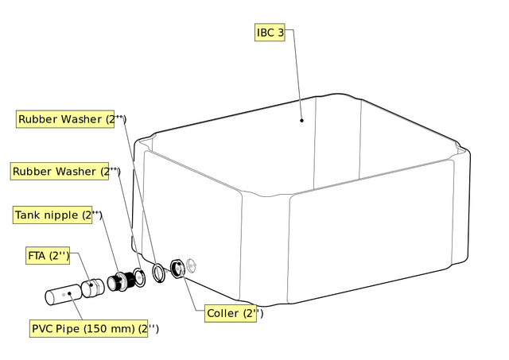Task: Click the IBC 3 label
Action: [x=270, y=32]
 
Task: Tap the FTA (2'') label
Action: [x=48, y=256]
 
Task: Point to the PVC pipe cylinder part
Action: [x=64, y=295]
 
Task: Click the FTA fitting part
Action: [x=92, y=288]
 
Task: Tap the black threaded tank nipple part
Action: [x=121, y=281]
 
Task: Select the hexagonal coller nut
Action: [x=178, y=269]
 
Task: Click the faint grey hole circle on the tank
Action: [x=191, y=265]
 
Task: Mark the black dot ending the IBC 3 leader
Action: [x=301, y=120]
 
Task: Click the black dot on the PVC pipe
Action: [x=69, y=293]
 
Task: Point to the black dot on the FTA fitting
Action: [x=91, y=285]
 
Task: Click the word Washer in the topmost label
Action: [x=81, y=119]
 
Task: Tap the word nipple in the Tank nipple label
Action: [x=61, y=215]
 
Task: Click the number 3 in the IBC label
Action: [x=281, y=33]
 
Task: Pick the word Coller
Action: [x=223, y=313]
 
